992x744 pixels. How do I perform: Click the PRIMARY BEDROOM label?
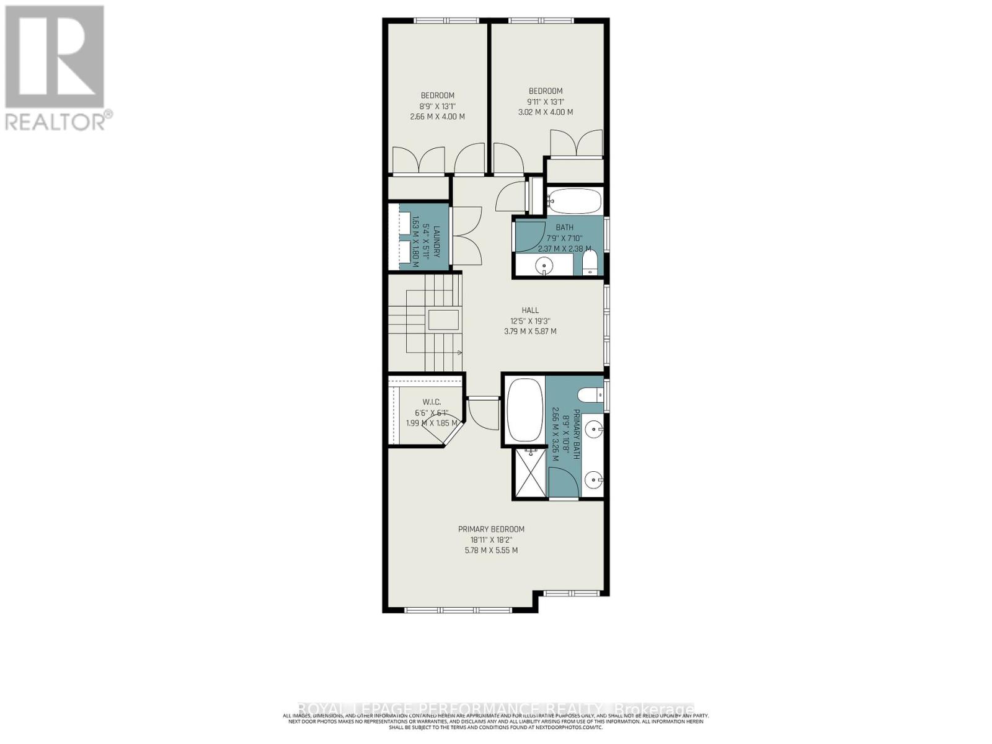pos(491,529)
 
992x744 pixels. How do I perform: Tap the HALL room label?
pos(529,310)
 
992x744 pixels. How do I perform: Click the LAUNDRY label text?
pos(436,241)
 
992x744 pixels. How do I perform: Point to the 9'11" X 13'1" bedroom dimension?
pos(546,102)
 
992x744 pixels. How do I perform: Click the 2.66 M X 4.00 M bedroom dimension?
pos(437,117)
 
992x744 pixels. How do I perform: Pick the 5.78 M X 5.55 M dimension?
pos(491,550)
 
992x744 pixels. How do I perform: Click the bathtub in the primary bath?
pos(525,410)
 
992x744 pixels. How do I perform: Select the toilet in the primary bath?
pos(589,394)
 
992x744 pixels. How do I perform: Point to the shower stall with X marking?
pos(531,474)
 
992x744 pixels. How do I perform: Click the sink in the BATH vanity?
pos(544,267)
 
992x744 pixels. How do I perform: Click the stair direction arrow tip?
pos(461,352)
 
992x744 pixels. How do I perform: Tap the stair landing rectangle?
pos(443,321)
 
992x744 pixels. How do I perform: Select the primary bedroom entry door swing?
pos(484,413)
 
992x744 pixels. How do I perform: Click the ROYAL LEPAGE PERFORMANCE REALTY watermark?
pos(495,709)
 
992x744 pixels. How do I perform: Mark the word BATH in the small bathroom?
pos(564,228)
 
